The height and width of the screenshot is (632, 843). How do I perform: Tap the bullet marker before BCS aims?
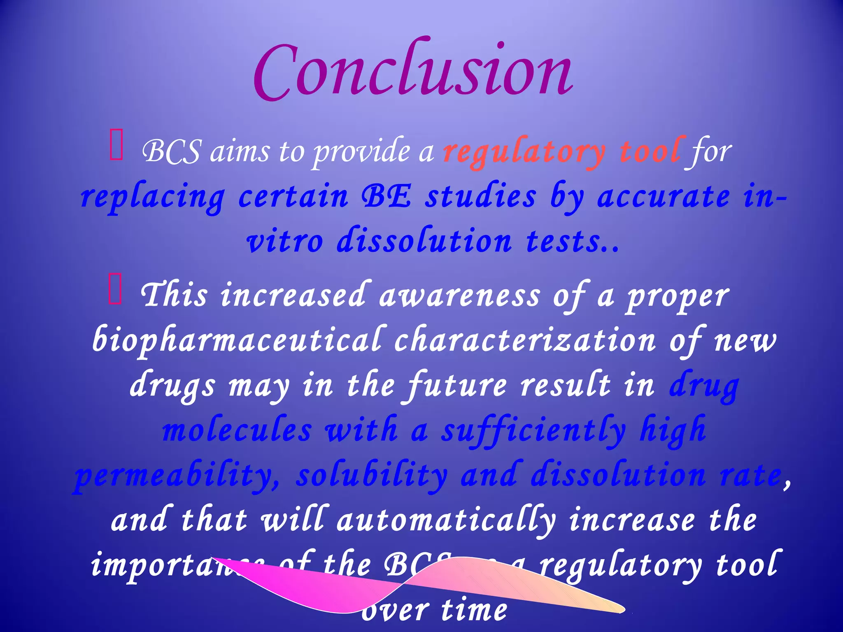(116, 144)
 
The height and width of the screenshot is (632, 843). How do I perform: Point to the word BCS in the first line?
(172, 151)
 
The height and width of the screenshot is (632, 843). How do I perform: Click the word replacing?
(152, 197)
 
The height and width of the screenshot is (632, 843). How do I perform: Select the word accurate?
(663, 197)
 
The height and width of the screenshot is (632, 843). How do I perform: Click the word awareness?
(459, 295)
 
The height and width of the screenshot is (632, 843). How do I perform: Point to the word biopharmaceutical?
(237, 341)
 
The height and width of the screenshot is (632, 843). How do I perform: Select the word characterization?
(524, 341)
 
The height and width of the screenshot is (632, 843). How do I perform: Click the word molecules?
(237, 430)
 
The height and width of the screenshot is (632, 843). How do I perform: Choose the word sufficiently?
(533, 430)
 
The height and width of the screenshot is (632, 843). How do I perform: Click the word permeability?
(177, 476)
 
